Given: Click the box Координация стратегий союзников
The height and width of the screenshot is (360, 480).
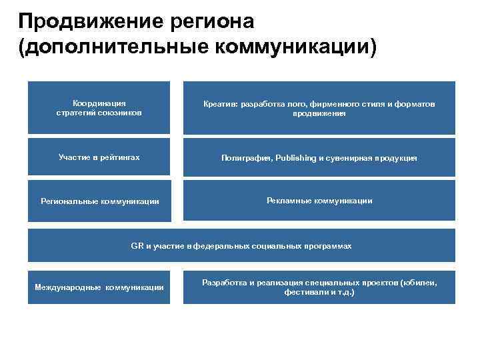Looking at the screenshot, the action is [x=99, y=107].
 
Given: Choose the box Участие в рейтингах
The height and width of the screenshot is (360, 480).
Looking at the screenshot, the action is [x=99, y=157].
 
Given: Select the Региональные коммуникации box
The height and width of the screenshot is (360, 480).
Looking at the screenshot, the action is [x=99, y=200].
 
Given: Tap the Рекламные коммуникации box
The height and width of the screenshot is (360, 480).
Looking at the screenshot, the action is [x=319, y=200].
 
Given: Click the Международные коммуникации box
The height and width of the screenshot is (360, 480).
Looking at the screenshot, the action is [x=99, y=287].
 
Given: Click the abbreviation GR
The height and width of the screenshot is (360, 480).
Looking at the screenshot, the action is [x=137, y=246].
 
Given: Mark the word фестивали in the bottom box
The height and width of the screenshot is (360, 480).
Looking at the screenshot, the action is [x=301, y=292].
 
